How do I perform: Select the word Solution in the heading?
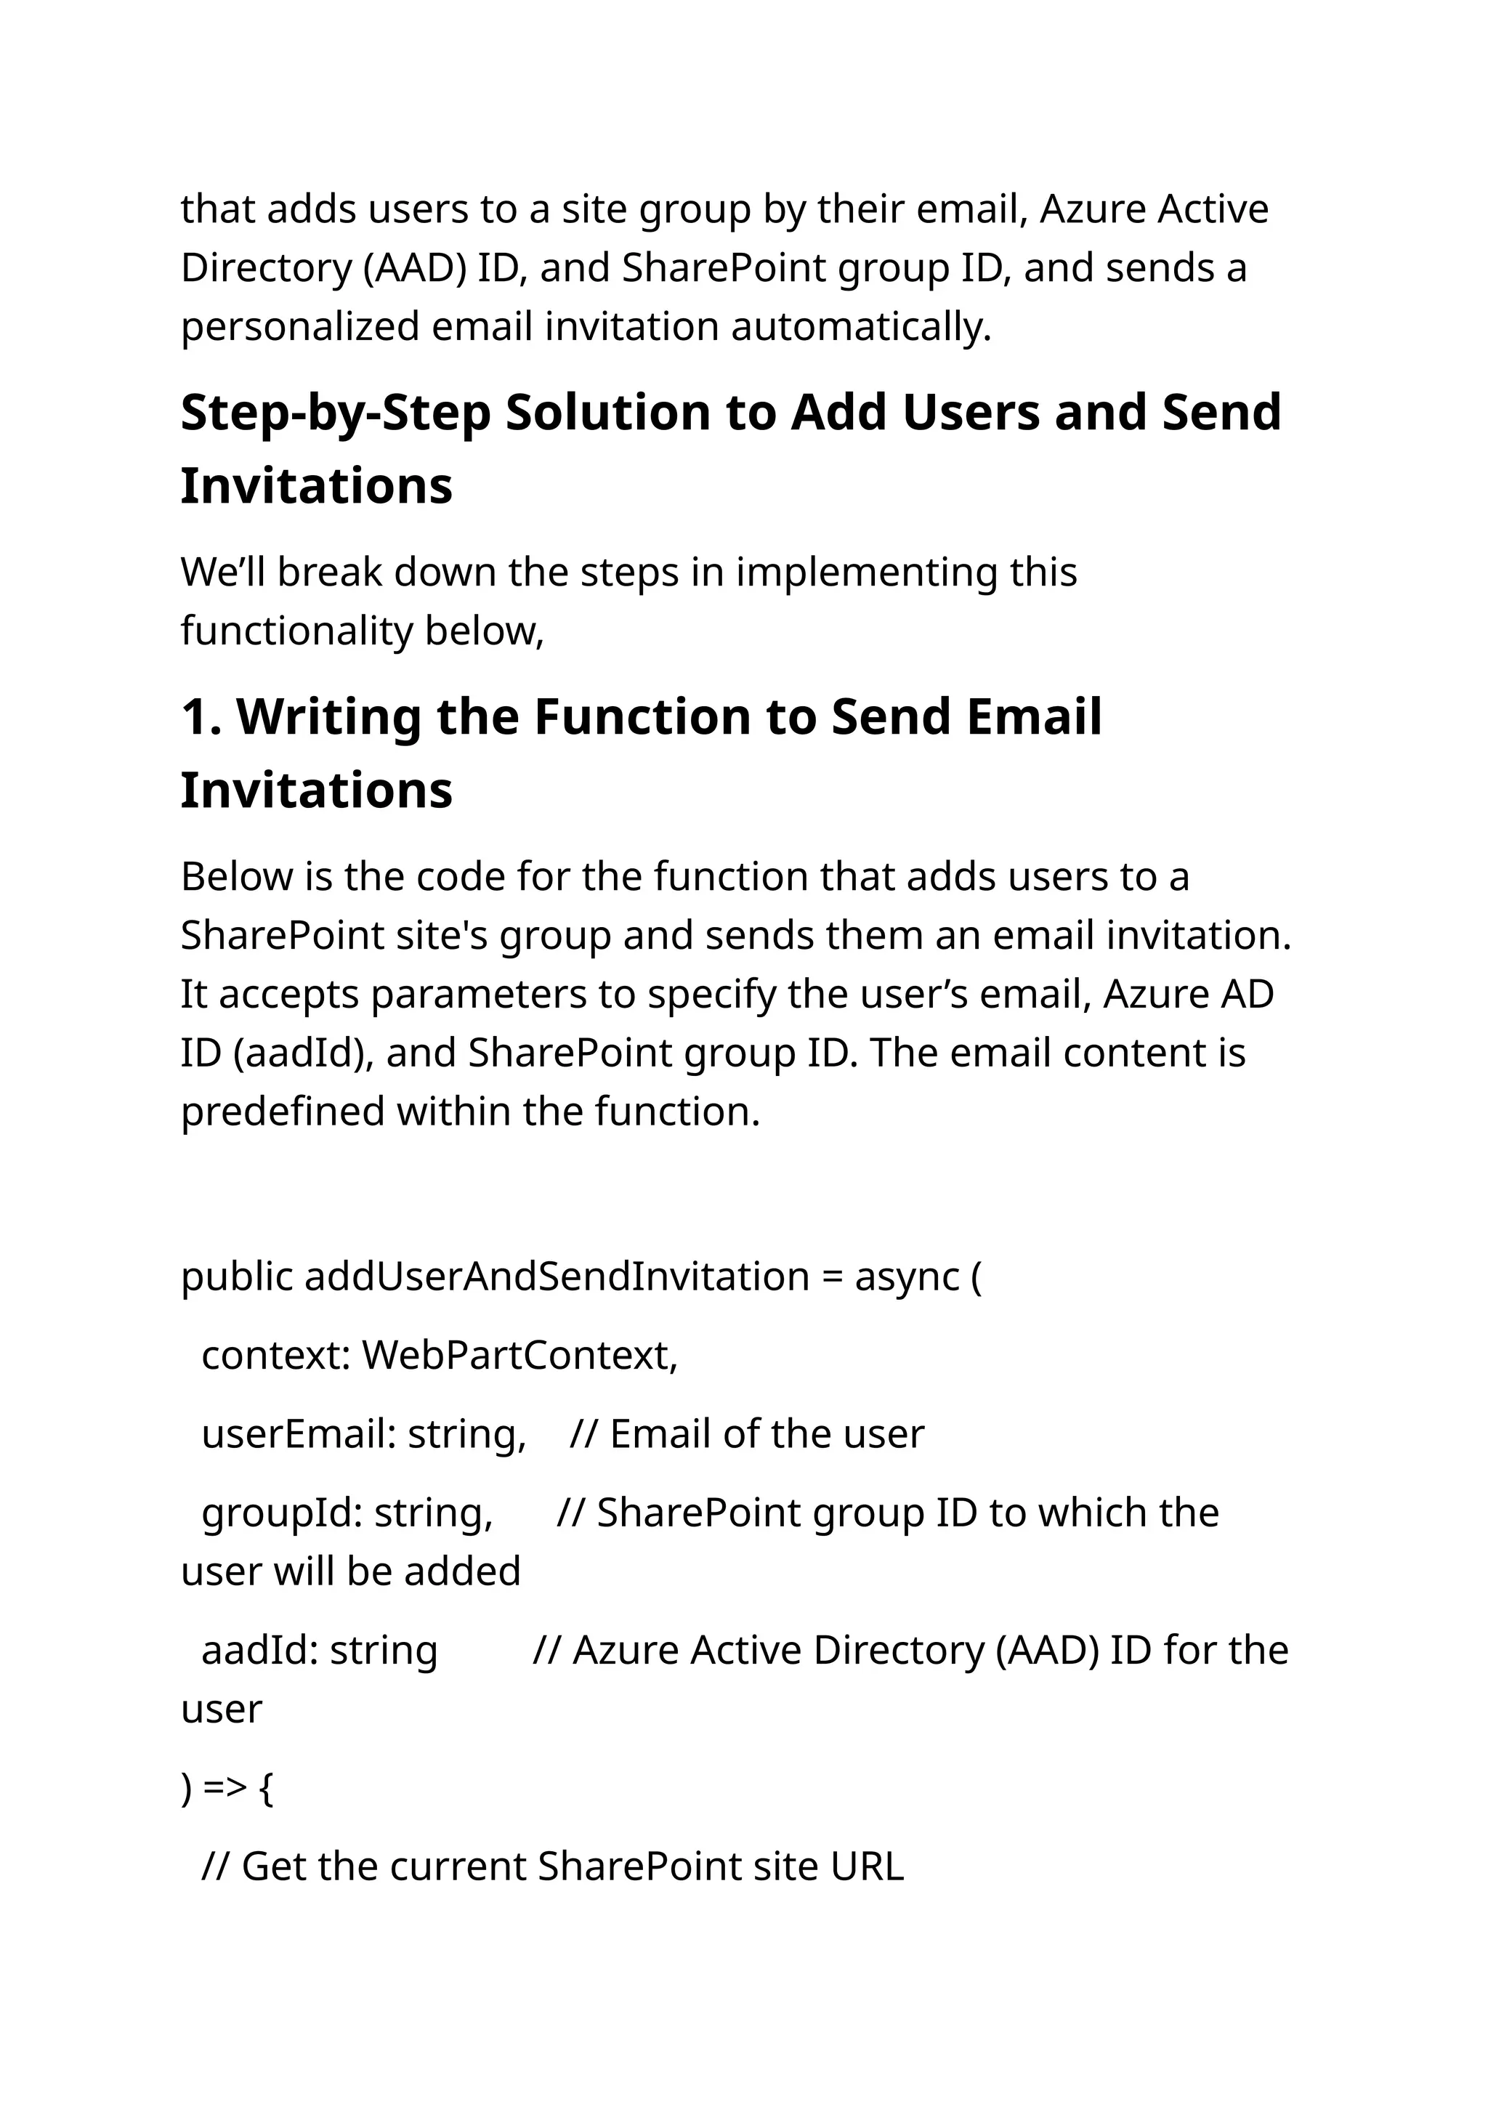[607, 413]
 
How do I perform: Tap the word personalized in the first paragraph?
[299, 327]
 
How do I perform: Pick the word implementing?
[866, 572]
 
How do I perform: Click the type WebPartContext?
[519, 1355]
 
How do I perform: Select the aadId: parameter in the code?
[260, 1651]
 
